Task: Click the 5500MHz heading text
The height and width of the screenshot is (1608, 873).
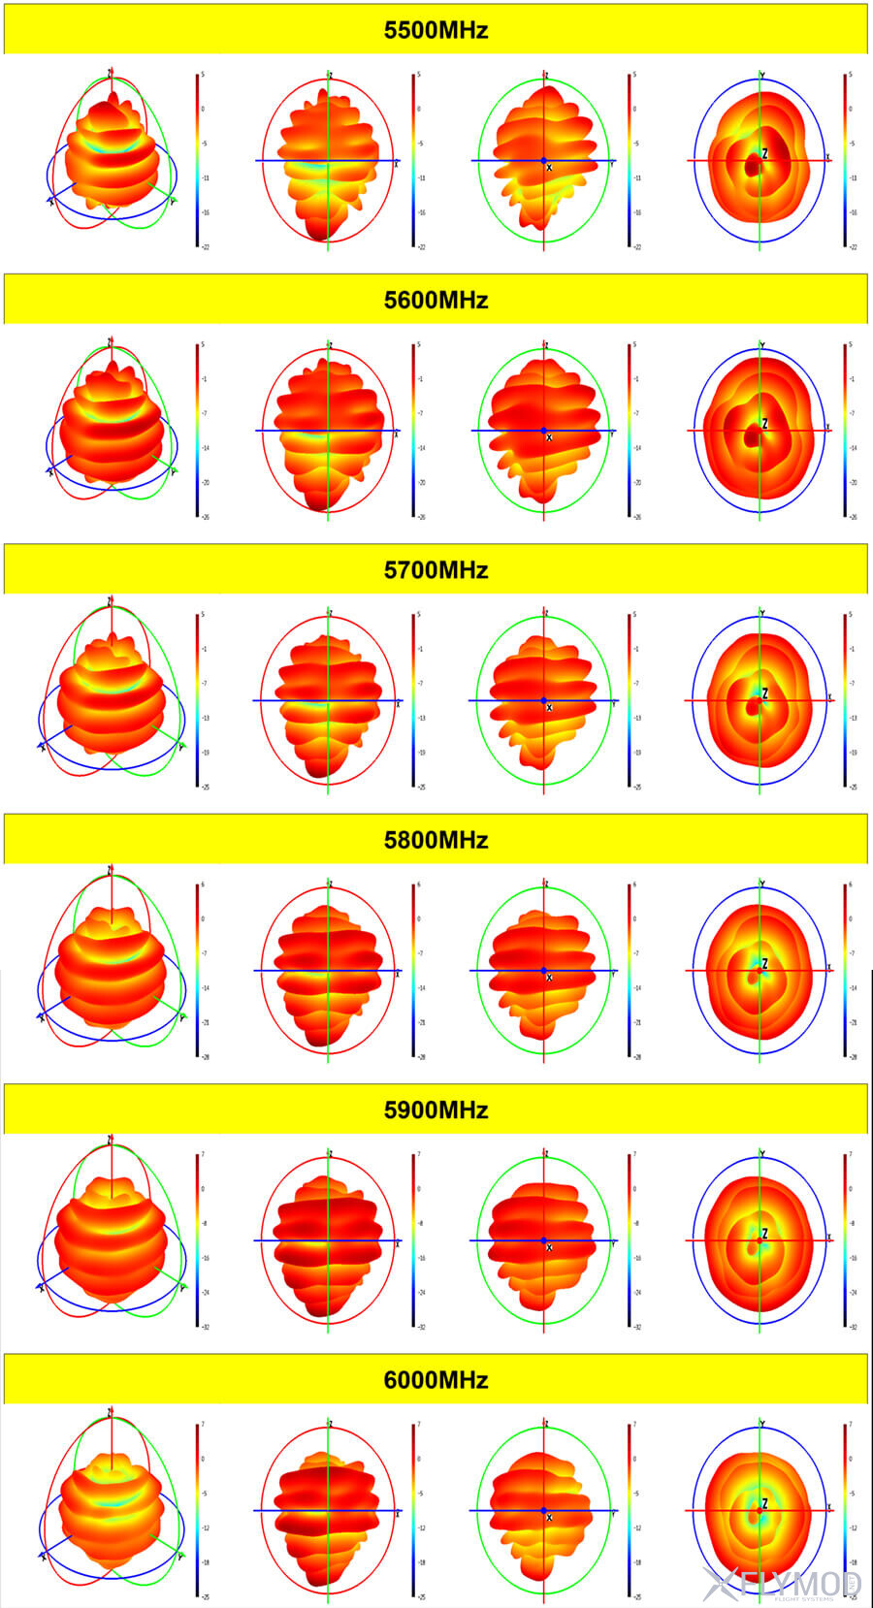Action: coord(436,30)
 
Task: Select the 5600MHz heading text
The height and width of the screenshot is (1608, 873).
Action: coord(436,300)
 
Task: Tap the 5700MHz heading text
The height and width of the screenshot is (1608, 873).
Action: coord(436,569)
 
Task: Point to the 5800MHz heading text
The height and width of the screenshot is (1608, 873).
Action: coord(436,840)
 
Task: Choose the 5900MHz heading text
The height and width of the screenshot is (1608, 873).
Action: coord(436,1110)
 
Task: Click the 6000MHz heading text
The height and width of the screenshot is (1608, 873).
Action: coord(436,1379)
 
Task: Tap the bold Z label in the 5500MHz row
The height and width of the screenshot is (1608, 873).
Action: coord(764,153)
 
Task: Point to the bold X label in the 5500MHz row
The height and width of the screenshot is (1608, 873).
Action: coord(549,169)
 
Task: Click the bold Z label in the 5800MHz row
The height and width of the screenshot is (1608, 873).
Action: coord(764,963)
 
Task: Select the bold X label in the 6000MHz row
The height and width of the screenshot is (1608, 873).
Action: coord(549,1518)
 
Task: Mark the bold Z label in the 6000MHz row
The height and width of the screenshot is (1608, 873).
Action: coord(764,1503)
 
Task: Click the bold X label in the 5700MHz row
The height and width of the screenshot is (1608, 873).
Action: coord(549,708)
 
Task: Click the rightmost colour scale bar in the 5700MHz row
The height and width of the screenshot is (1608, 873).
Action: coord(845,700)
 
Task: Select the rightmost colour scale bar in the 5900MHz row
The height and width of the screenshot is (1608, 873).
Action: coord(845,1239)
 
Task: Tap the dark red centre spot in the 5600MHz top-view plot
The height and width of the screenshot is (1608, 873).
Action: coord(752,437)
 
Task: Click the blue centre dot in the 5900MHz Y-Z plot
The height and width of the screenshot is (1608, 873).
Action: coord(543,1240)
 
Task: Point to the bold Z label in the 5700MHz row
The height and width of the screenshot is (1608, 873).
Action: coord(764,693)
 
